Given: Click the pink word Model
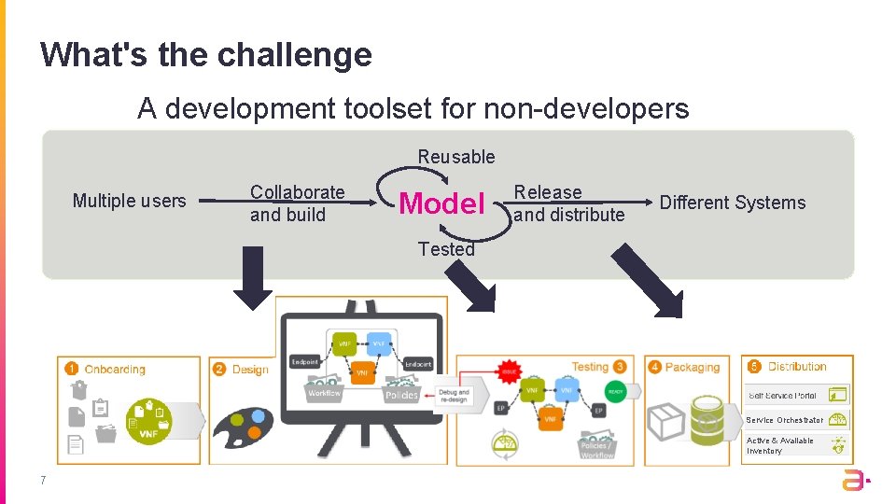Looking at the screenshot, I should point(441,203).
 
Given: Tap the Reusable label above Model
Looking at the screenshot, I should point(456,157).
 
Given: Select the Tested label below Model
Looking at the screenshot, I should point(446,249).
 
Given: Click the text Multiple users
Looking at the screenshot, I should point(130,201).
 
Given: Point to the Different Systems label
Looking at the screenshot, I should point(732,203).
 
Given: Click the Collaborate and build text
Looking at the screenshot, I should point(297,203).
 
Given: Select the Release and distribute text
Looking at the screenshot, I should point(568,203).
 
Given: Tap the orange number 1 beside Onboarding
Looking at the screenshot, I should point(72,369).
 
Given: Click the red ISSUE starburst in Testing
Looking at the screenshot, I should point(509,371).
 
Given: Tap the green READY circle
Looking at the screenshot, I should point(615,392).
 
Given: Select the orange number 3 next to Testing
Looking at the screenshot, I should point(620,367).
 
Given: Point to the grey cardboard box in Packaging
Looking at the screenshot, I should point(667,421).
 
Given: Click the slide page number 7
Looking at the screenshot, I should point(43,481).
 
